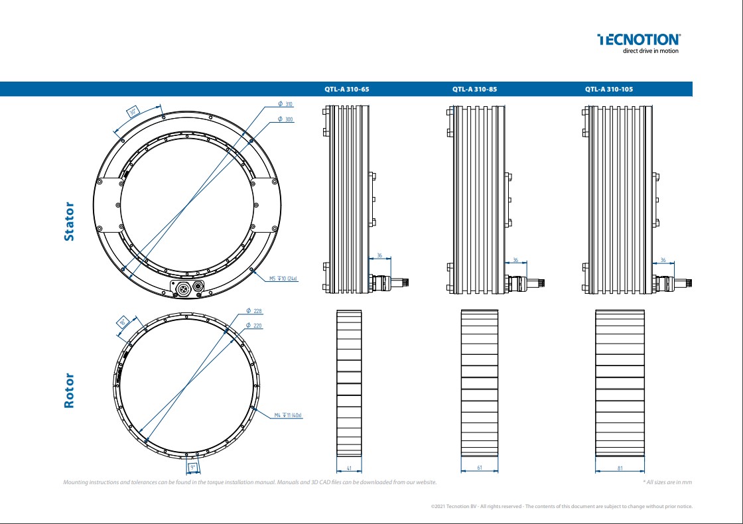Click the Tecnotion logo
tap(638, 43)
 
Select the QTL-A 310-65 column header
tap(346, 89)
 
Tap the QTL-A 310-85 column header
tap(474, 89)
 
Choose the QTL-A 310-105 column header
tap(609, 89)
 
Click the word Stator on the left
tap(69, 222)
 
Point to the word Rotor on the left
tap(69, 390)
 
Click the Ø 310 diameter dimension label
tap(285, 104)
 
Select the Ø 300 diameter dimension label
tap(285, 119)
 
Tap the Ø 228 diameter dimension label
tap(254, 310)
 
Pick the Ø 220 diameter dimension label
tap(254, 326)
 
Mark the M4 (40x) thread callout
tap(288, 415)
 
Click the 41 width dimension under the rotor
tap(349, 468)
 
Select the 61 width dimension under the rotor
tap(479, 468)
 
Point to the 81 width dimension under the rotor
tap(620, 468)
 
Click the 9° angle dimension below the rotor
tap(192, 468)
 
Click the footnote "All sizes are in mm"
tap(667, 482)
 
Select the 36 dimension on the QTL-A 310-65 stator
tap(379, 255)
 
